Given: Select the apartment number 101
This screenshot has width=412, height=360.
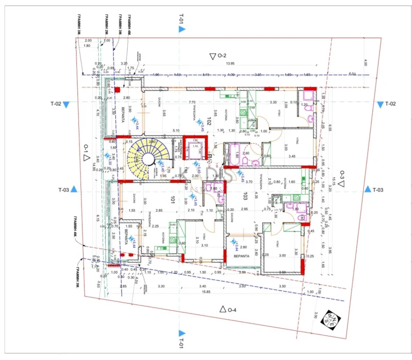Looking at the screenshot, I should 173,199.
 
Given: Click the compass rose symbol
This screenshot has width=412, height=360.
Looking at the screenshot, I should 327,318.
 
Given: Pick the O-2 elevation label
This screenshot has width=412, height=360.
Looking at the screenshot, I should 219,56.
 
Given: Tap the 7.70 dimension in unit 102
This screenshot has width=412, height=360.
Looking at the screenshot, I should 192,102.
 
